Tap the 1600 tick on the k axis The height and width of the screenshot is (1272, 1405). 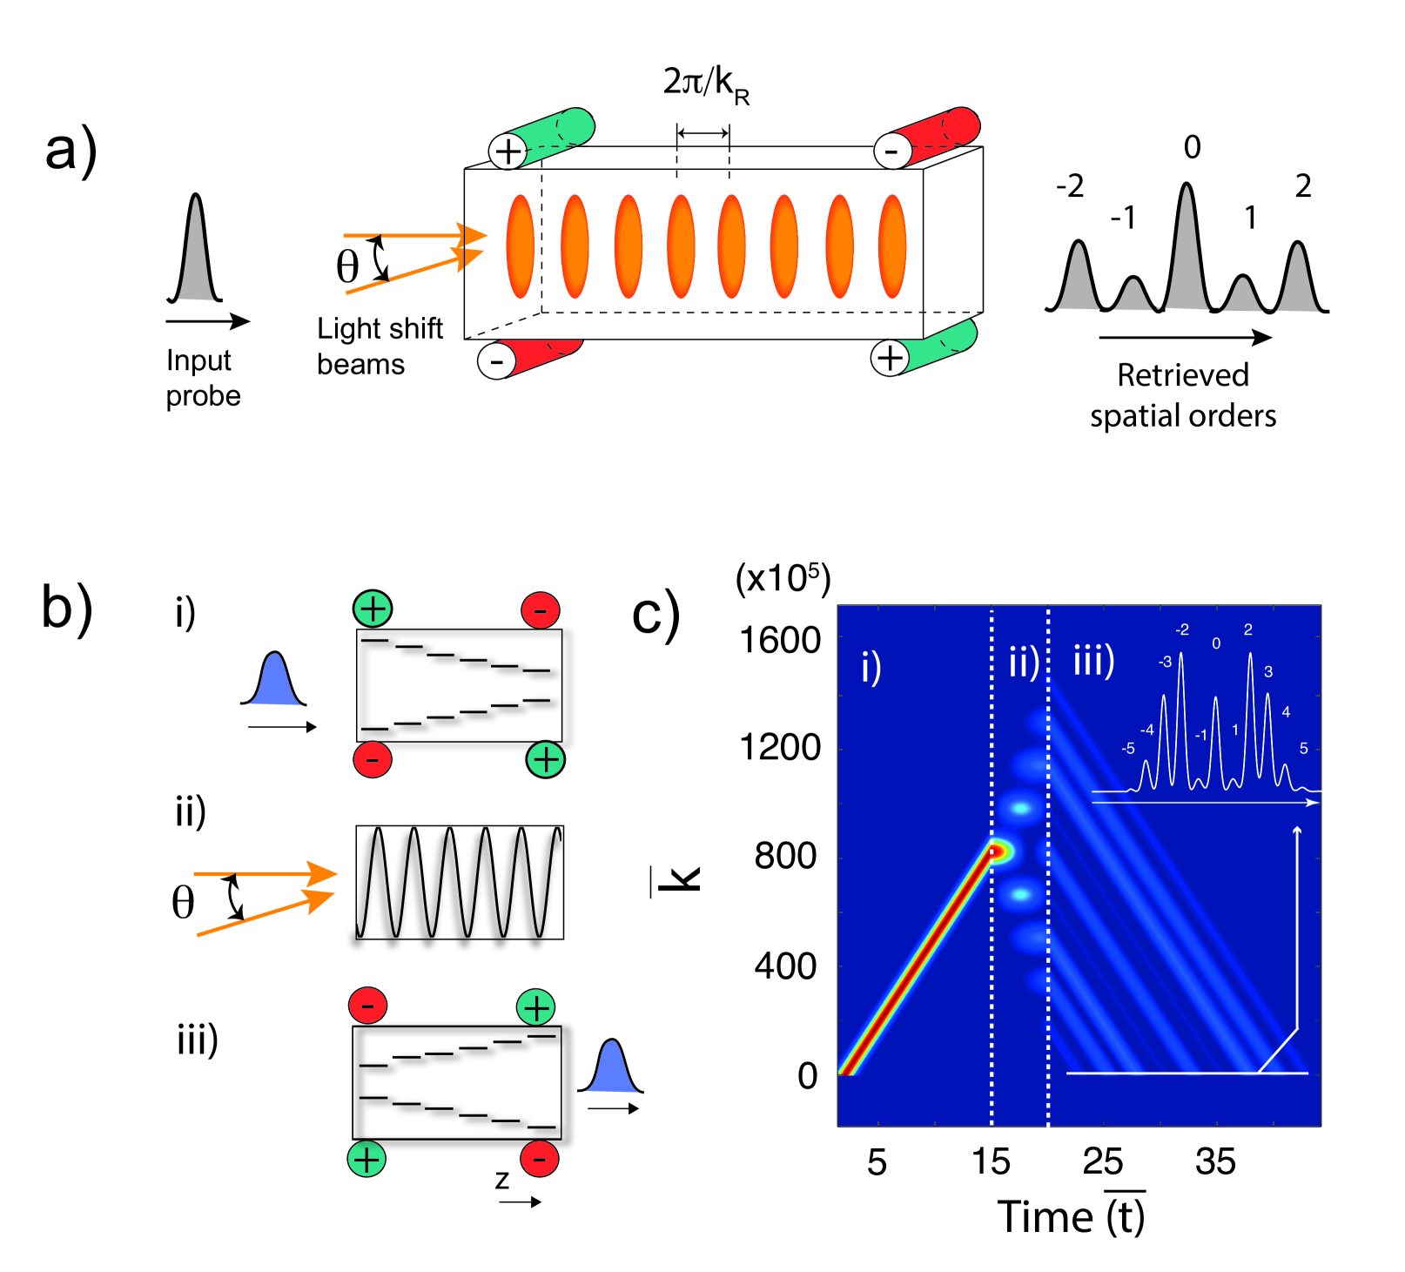click(780, 642)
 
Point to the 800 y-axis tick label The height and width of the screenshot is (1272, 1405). click(785, 857)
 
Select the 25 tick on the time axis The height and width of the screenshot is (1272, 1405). click(1102, 1161)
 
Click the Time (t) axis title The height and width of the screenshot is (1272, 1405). click(1071, 1216)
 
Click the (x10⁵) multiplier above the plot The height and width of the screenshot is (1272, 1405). click(783, 578)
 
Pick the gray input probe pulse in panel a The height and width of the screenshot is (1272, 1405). click(197, 252)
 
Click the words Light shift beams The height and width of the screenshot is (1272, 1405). click(380, 346)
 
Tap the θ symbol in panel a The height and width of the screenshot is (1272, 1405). click(347, 266)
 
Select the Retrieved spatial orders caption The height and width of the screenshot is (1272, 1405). click(1183, 395)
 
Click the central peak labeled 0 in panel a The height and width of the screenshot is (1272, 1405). click(1187, 244)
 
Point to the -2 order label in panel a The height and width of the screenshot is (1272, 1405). click(1070, 186)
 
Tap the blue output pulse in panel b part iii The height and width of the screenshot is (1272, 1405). click(612, 1068)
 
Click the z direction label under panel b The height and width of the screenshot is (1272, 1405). click(502, 1180)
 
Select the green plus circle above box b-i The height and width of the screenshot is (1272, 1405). click(373, 609)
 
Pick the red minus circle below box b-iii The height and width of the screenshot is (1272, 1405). click(540, 1160)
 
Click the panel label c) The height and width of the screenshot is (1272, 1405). click(655, 614)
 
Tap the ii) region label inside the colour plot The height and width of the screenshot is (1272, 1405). click(1024, 663)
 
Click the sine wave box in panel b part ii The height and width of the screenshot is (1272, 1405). click(460, 882)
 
